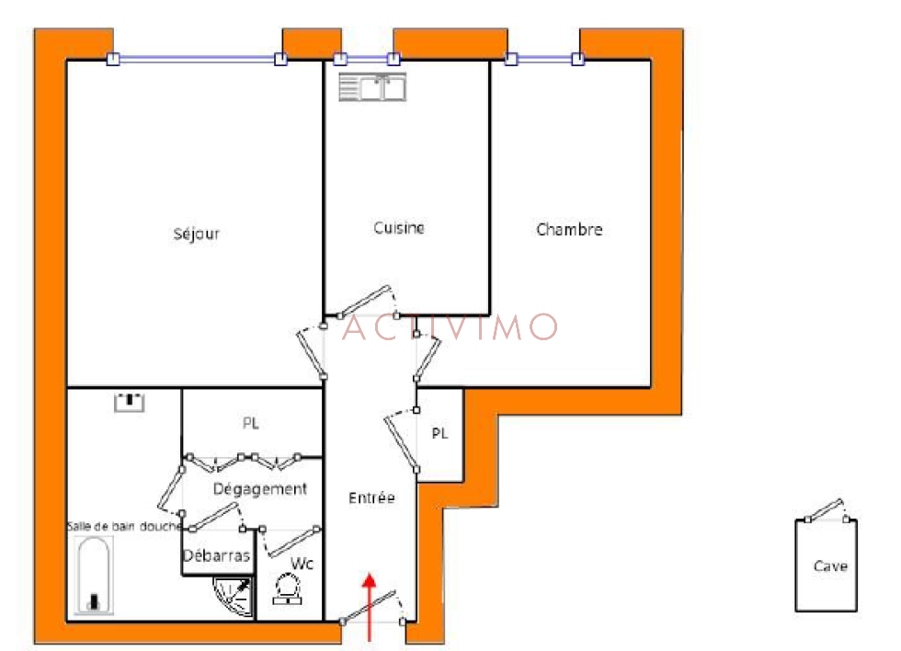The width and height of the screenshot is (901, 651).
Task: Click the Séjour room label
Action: pos(197,234)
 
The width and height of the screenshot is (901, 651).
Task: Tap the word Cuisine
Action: pos(399,228)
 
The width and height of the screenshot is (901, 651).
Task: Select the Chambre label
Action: pos(569,230)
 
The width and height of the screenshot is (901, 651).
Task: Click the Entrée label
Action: pos(371,497)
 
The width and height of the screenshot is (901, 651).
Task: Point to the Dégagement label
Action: pos(259,489)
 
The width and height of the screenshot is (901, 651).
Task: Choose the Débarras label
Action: pos(217,555)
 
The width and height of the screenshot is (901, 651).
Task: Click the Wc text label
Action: pos(302,564)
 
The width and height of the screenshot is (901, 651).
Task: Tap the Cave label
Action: pos(830,566)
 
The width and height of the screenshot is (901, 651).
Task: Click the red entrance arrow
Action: pos(369,607)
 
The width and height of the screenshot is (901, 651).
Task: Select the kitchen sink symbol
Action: pos(372,87)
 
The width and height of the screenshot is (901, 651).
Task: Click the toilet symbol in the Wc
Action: pos(287,589)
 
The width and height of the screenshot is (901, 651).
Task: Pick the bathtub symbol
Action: pos(94,576)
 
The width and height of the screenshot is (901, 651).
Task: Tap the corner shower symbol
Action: pos(234,597)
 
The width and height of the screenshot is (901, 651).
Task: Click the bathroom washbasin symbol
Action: pos(130,402)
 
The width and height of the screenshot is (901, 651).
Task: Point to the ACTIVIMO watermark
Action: pos(450,327)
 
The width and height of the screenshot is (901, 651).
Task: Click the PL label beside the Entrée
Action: pos(439,434)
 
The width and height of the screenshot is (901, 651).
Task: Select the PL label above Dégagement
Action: pos(250,424)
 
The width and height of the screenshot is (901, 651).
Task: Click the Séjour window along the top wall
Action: pos(197,59)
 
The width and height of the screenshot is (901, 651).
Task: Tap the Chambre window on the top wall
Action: pos(544,59)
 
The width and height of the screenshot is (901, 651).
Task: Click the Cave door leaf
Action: pos(825,509)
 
